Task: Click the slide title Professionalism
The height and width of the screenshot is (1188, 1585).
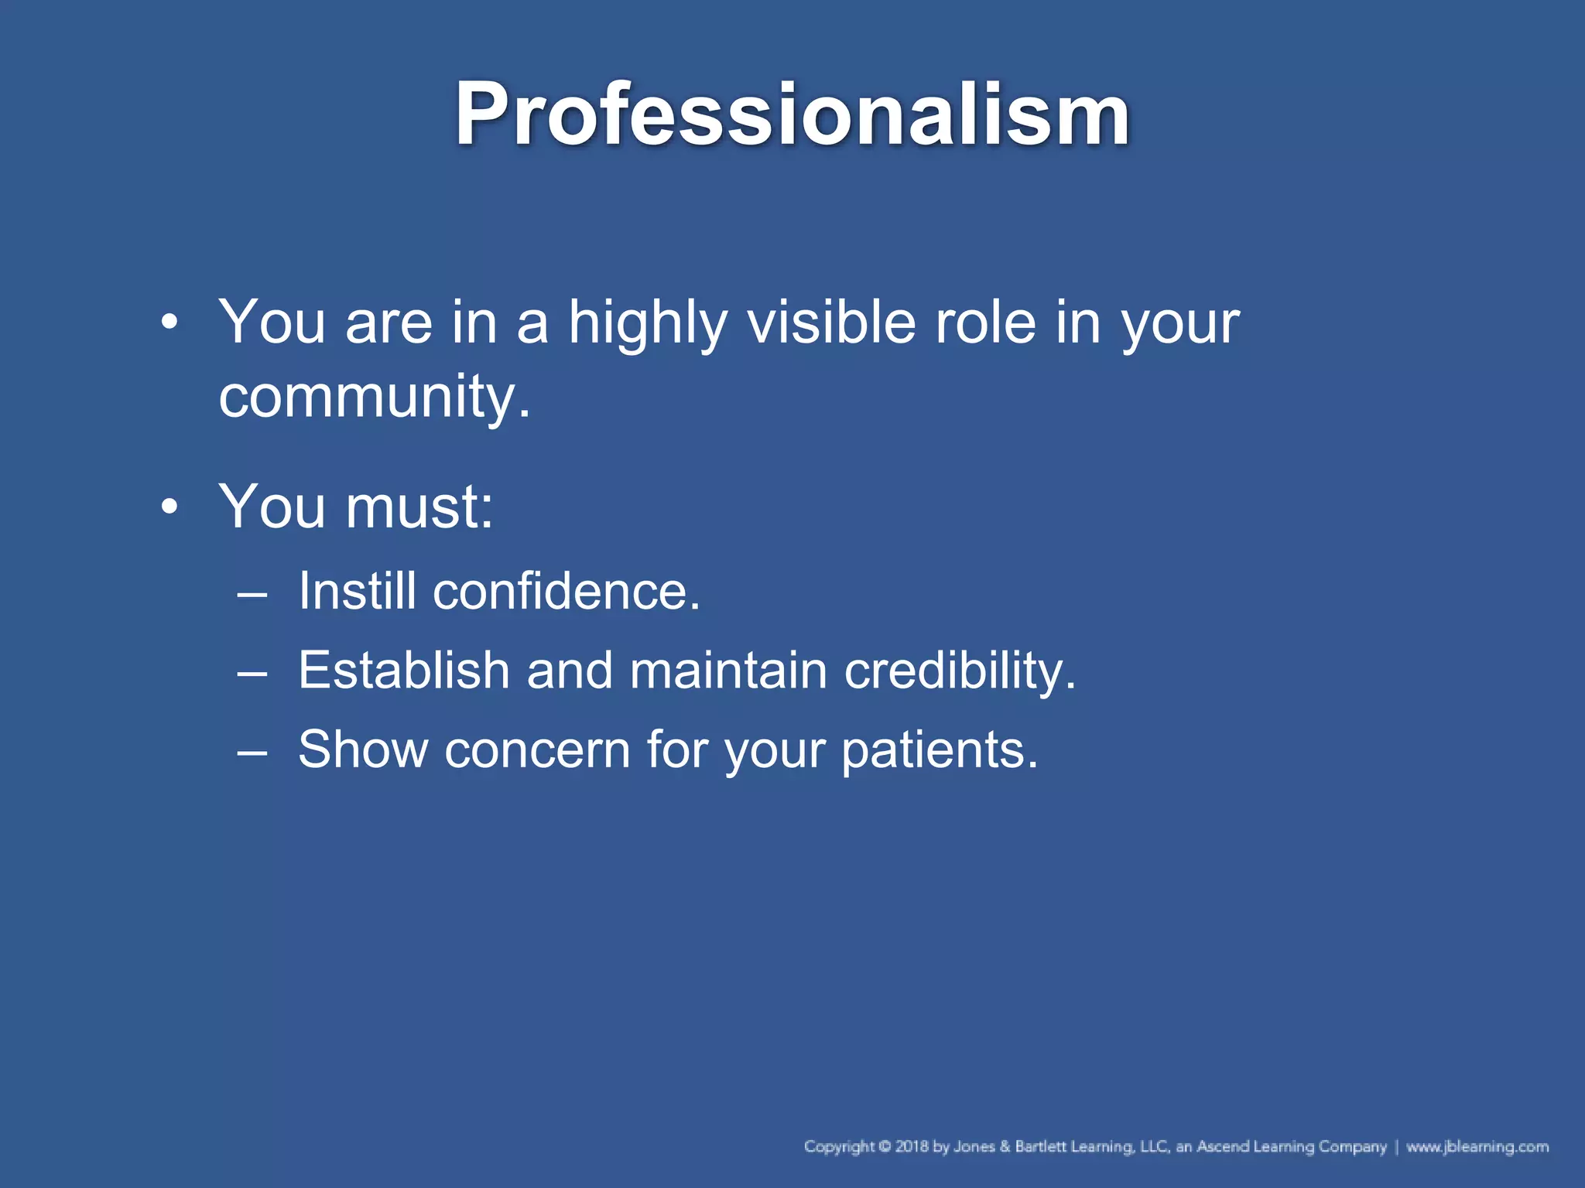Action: click(791, 114)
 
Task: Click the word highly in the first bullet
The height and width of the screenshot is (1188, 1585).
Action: click(647, 323)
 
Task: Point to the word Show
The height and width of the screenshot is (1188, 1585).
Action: click(363, 749)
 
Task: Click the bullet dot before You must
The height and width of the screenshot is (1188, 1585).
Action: click(169, 508)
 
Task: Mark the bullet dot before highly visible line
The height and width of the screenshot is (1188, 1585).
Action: click(169, 323)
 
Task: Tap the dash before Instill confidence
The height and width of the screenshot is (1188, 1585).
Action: click(252, 595)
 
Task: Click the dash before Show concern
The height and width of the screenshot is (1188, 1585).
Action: click(252, 753)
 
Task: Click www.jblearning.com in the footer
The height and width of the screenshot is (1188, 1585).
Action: click(1477, 1147)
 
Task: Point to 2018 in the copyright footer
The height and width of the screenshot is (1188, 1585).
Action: click(912, 1147)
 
